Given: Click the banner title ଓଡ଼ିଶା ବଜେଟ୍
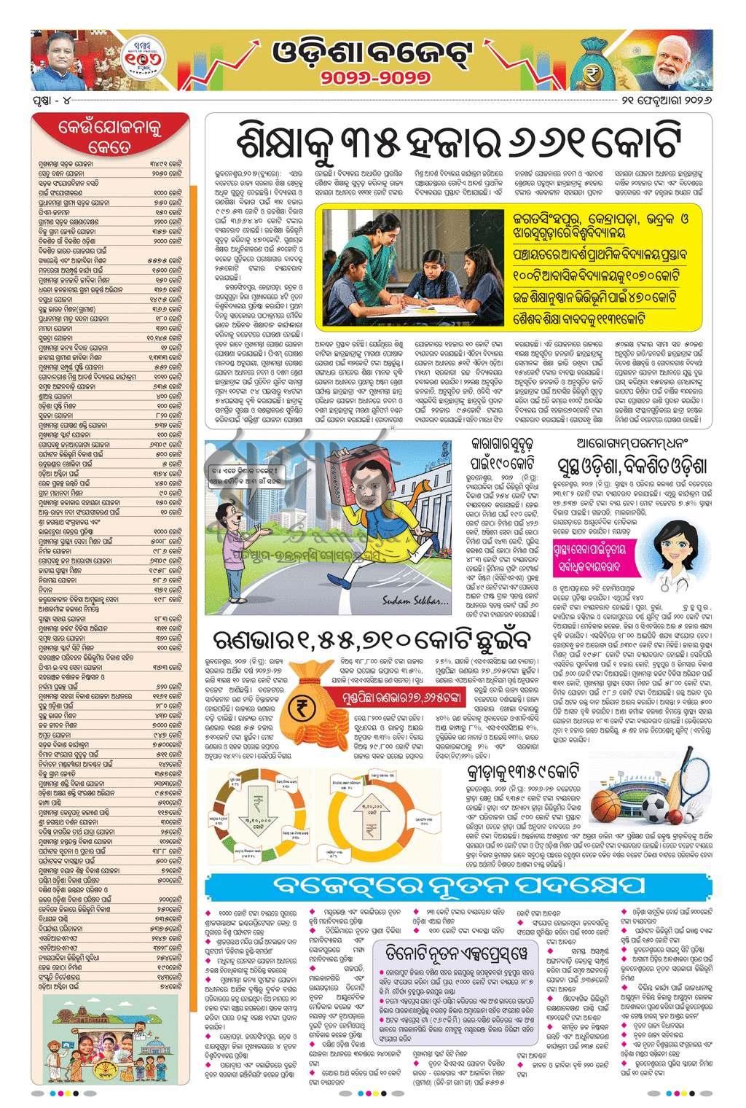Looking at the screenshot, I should click(x=373, y=52).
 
